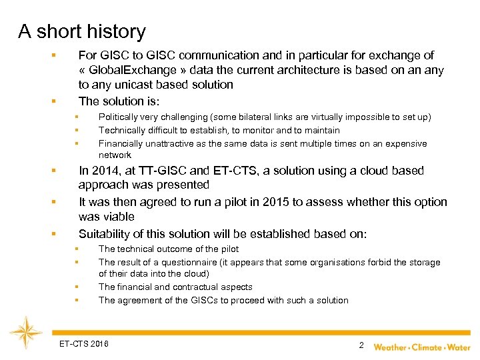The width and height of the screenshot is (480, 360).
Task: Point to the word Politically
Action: pos(121,117)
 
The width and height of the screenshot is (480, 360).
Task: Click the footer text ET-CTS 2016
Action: pos(83,344)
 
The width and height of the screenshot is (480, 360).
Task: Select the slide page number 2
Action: pos(361,345)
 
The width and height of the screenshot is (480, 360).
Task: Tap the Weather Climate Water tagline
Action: pos(421,347)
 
